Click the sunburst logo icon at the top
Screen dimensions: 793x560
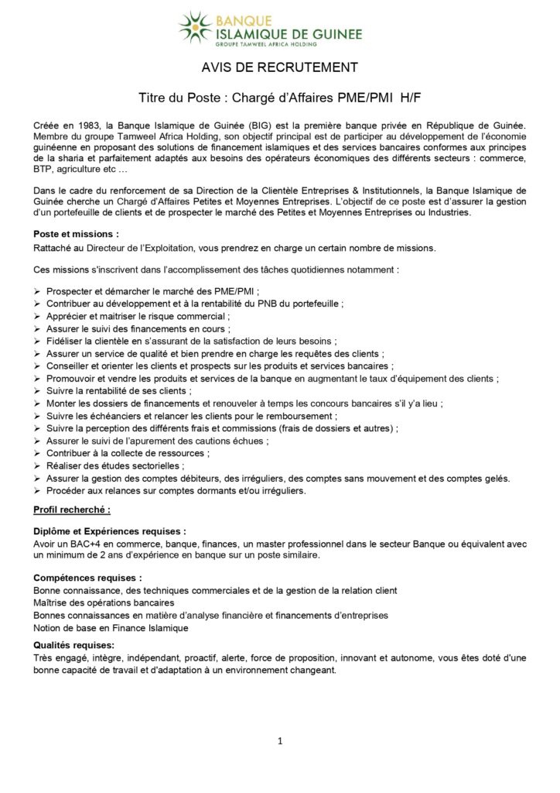click(194, 26)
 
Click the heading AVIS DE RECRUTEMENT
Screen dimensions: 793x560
click(279, 68)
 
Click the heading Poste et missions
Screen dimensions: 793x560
click(76, 233)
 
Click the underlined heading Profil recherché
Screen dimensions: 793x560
click(72, 510)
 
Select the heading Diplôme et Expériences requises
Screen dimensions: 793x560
click(110, 532)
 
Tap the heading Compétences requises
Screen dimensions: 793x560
click(88, 578)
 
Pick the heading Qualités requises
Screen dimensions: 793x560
click(74, 645)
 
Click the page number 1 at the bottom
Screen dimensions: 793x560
click(280, 741)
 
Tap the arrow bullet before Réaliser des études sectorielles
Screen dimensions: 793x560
click(37, 465)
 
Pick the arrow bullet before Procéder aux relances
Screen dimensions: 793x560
click(37, 490)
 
